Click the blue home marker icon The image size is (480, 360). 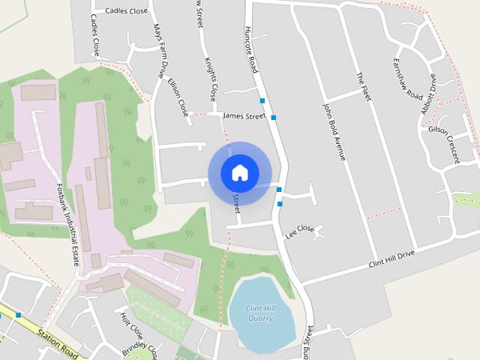(x=239, y=172)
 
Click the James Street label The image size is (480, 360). (x=244, y=116)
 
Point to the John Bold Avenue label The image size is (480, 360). (x=334, y=131)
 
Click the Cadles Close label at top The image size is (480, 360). (x=126, y=11)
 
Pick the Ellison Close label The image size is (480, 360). (x=178, y=98)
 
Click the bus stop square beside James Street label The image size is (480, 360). (x=274, y=118)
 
